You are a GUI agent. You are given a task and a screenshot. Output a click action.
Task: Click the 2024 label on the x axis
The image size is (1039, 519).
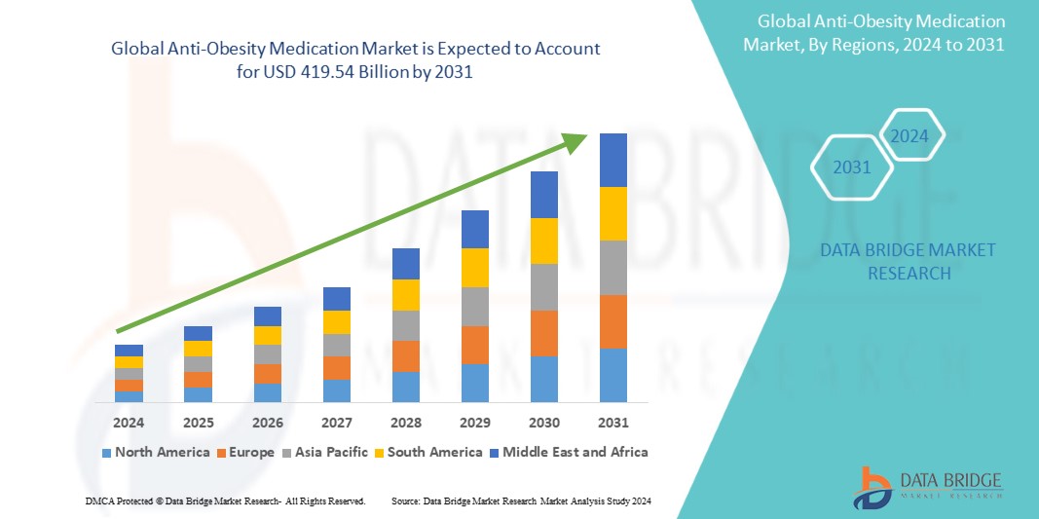[x=129, y=423]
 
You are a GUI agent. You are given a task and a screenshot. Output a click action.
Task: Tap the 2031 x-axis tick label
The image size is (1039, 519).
[x=612, y=423]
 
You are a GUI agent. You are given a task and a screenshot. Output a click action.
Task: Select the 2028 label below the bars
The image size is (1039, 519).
[x=405, y=423]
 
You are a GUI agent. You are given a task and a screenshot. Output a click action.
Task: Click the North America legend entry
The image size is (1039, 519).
[x=156, y=452]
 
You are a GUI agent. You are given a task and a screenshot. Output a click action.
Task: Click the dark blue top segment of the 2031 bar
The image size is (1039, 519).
[x=612, y=160]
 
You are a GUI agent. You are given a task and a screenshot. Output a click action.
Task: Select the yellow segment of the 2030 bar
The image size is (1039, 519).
[x=543, y=241]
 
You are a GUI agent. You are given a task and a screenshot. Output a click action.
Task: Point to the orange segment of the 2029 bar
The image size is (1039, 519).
[x=474, y=345]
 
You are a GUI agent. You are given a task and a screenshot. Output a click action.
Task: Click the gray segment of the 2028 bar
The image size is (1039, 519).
[x=405, y=325]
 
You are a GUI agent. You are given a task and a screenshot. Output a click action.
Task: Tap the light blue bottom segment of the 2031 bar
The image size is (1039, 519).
[x=612, y=375]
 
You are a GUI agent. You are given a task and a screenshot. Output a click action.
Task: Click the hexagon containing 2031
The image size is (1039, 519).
[x=852, y=168]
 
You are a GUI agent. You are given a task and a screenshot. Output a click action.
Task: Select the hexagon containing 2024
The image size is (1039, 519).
[x=909, y=136]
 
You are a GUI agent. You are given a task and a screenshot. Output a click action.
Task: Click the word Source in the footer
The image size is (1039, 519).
[x=407, y=500]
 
